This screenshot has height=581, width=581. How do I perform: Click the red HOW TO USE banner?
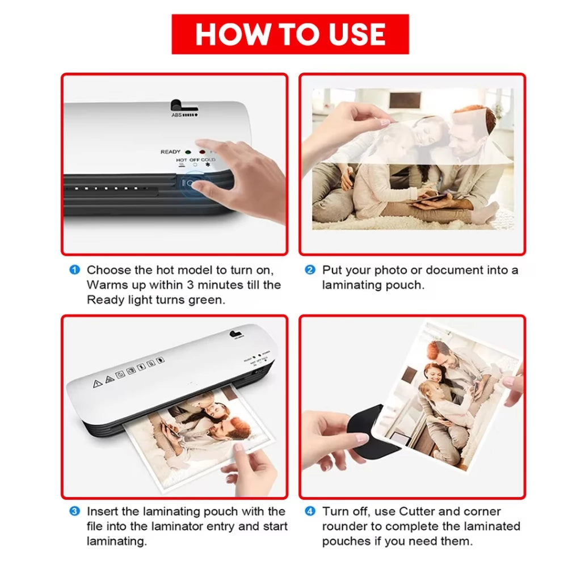tap(290, 34)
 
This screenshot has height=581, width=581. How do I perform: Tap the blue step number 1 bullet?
tap(75, 270)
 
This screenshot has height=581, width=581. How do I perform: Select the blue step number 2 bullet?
tap(310, 270)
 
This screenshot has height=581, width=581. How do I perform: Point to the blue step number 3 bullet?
tap(75, 511)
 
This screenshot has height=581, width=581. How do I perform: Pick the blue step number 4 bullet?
tap(310, 511)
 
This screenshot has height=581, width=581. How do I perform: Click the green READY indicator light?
tap(188, 152)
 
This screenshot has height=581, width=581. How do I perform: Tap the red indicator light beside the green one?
tap(202, 152)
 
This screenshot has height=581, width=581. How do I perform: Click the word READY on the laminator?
tap(170, 151)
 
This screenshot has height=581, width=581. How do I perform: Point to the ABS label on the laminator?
tap(176, 115)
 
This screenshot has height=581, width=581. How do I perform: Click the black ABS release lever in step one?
tap(182, 106)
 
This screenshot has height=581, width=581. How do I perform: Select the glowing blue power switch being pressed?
tap(191, 183)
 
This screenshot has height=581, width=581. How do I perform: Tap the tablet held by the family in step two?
tap(426, 198)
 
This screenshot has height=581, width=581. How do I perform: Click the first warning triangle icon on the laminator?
tap(97, 384)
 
